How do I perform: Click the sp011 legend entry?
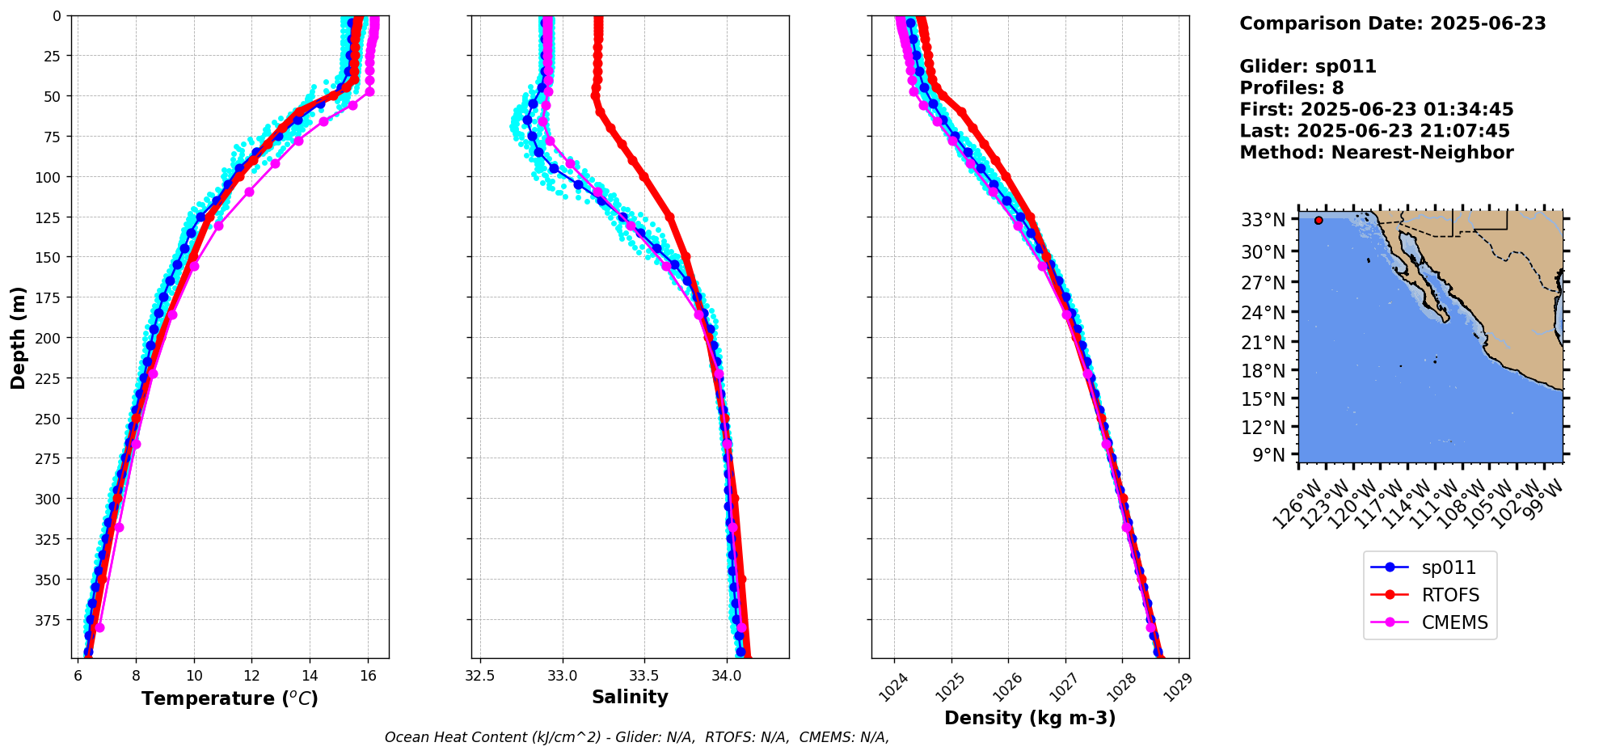pyautogui.click(x=1448, y=568)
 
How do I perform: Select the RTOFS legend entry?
pyautogui.click(x=1449, y=596)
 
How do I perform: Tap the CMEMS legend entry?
pyautogui.click(x=1454, y=623)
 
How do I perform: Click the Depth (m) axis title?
pyautogui.click(x=19, y=337)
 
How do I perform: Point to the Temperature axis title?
pyautogui.click(x=230, y=698)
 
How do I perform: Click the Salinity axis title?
pyautogui.click(x=630, y=697)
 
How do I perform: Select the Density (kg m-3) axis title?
pyautogui.click(x=1030, y=718)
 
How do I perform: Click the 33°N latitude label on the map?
pyautogui.click(x=1263, y=220)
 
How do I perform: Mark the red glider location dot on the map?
pyautogui.click(x=1318, y=220)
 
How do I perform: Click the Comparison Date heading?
pyautogui.click(x=1392, y=23)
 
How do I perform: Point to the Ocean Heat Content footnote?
pyautogui.click(x=636, y=737)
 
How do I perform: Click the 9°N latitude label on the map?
pyautogui.click(x=1268, y=455)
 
